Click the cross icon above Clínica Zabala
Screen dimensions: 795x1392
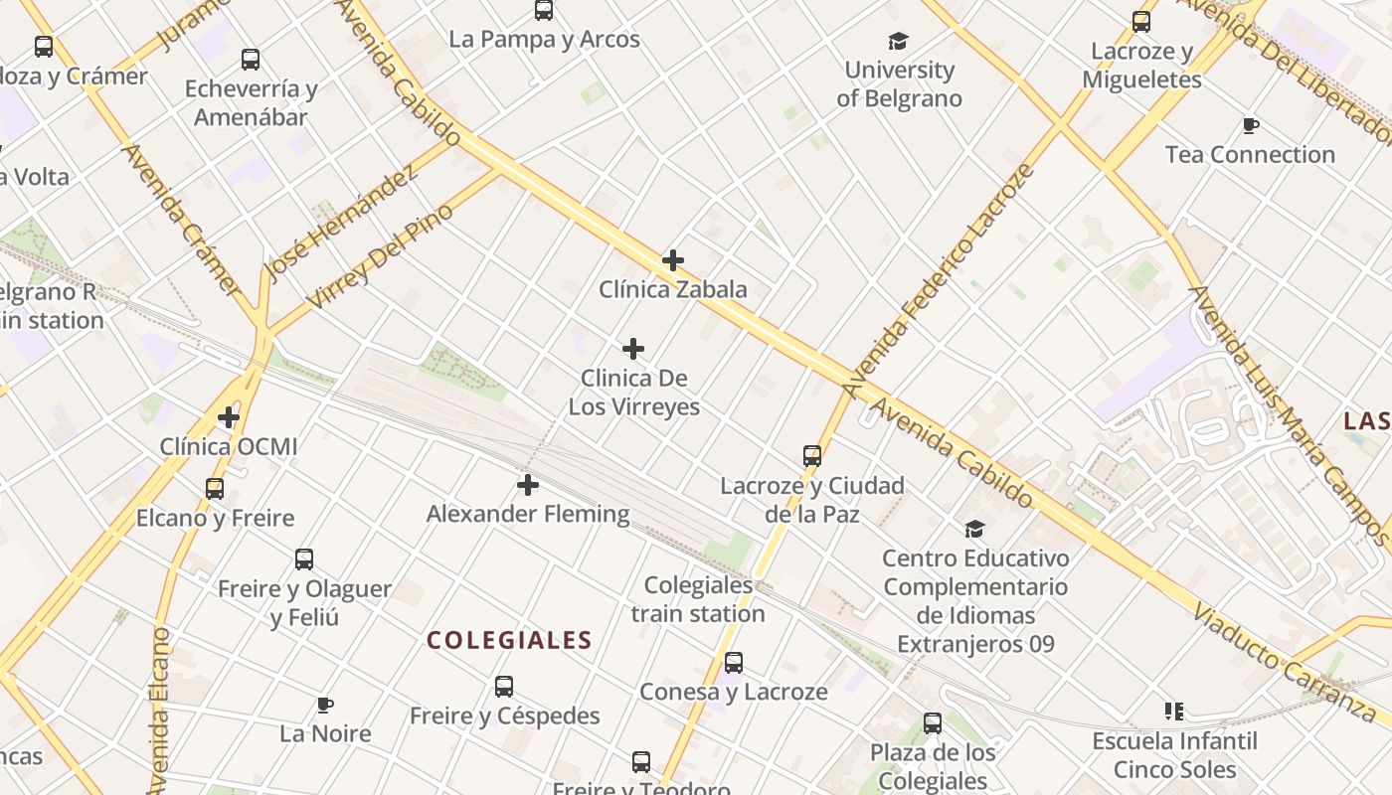673,260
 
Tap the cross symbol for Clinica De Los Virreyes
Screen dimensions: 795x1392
633,349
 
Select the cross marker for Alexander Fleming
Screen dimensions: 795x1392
528,485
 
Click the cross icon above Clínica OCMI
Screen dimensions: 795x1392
229,417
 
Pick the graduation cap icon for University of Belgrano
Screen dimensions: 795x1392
899,41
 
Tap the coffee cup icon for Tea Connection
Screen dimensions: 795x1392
1251,125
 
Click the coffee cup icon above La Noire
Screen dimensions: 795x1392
325,705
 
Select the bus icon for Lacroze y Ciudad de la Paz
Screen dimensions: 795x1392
812,456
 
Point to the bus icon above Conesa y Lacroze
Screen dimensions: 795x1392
734,662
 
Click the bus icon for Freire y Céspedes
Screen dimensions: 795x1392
504,686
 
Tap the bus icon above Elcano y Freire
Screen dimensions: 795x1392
215,488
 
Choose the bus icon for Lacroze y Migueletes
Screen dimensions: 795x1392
1141,21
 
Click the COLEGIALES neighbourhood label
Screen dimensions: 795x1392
509,641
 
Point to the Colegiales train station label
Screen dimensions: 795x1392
698,599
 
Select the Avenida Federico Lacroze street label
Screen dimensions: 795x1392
939,281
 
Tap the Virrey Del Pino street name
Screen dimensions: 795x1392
379,255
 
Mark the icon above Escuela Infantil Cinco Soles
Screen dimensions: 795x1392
1174,712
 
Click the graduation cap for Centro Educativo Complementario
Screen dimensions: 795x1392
975,529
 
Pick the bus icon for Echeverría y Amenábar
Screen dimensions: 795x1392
251,60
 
